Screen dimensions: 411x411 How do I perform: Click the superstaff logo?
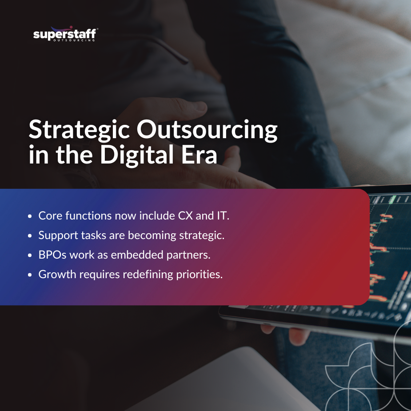click(65, 34)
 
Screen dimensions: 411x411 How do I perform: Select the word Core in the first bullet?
click(48, 216)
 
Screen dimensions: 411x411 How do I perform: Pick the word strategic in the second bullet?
click(200, 235)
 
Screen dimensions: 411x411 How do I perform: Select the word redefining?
click(145, 275)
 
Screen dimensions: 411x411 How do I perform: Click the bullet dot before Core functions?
click(30, 216)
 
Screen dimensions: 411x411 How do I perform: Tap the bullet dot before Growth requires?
click(30, 275)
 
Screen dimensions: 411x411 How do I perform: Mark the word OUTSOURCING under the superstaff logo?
click(74, 40)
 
